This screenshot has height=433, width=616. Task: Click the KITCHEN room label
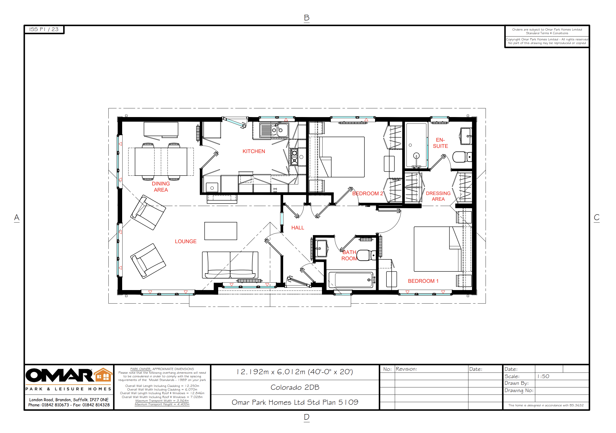(254, 151)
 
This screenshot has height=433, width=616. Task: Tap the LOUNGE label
(186, 241)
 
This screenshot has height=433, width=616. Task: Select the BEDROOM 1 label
(423, 281)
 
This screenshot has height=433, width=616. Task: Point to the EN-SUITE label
(440, 143)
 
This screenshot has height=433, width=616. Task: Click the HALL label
(298, 228)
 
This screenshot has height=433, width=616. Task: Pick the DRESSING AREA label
(438, 196)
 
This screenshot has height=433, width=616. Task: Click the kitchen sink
(274, 131)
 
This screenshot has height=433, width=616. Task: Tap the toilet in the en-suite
(461, 157)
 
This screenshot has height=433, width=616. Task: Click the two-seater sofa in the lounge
(230, 265)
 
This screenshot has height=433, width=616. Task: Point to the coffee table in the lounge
(221, 231)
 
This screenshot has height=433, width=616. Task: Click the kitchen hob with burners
(294, 157)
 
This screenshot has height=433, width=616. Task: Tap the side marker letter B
(307, 18)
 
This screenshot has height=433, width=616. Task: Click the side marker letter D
(307, 417)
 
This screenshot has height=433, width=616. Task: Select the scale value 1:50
(543, 376)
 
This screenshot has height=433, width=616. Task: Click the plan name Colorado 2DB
(295, 387)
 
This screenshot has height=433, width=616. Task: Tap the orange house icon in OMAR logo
(103, 375)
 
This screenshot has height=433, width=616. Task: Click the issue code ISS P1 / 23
(44, 29)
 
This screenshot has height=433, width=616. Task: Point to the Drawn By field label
(516, 383)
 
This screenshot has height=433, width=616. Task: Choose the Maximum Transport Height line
(162, 404)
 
